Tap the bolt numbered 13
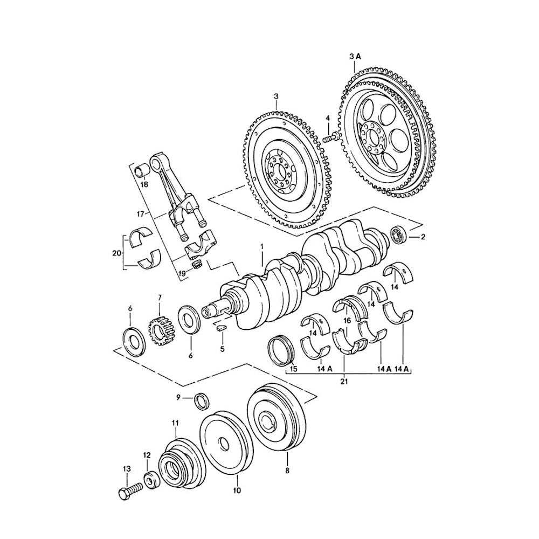pos(129,490)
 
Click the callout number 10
pos(237,490)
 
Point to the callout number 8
pos(287,471)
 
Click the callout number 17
pos(140,215)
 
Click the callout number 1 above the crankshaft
pos(262,247)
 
